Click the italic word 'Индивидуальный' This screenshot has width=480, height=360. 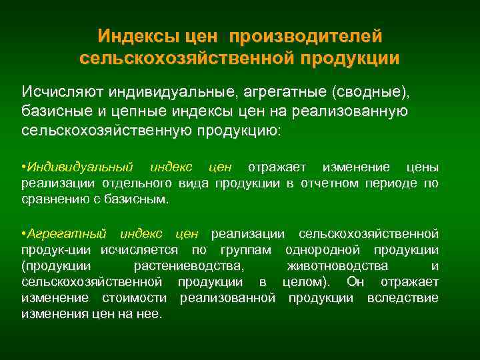pyautogui.click(x=79, y=165)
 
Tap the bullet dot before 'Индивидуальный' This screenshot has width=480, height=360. pyautogui.click(x=23, y=165)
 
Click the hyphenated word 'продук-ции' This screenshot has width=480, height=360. pyautogui.click(x=56, y=250)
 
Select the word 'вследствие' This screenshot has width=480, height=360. pyautogui.click(x=403, y=298)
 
